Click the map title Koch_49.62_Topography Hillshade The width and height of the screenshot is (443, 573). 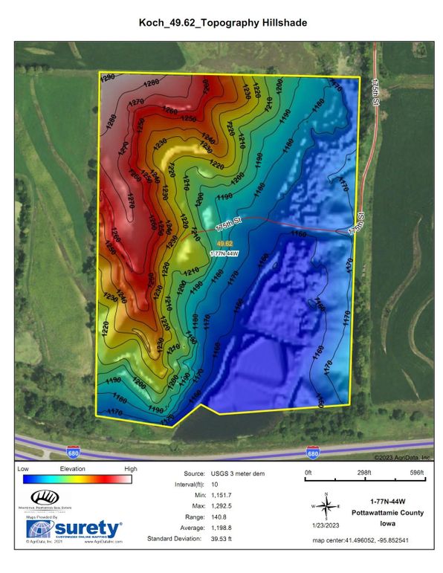[222, 24]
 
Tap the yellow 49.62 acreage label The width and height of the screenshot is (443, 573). [224, 243]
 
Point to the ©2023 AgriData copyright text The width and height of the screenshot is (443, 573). [407, 458]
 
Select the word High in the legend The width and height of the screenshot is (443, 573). [131, 470]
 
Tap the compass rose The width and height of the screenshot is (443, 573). [326, 506]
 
